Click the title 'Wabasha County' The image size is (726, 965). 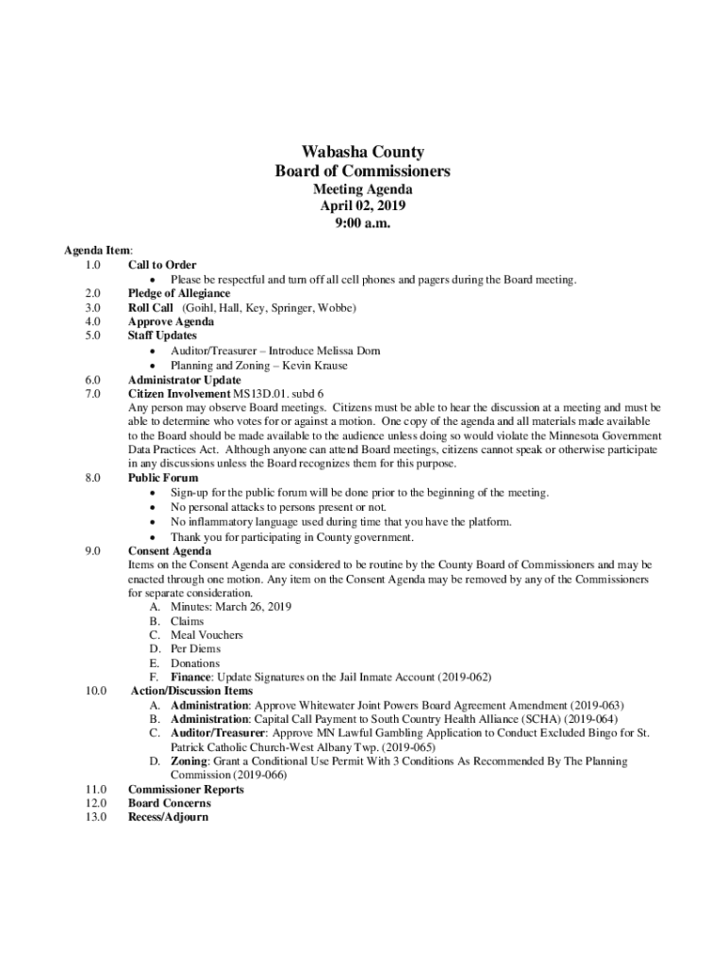[362, 153]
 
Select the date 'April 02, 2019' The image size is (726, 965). [362, 206]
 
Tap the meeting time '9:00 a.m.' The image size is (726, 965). [362, 224]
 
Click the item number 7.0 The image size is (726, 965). [92, 393]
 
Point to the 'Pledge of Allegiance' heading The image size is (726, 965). [179, 294]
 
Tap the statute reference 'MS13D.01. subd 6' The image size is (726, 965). [279, 393]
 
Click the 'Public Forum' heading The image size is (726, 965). [163, 478]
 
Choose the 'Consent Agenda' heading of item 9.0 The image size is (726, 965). [170, 550]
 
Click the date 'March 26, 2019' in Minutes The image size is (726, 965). [254, 607]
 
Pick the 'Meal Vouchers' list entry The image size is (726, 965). [206, 635]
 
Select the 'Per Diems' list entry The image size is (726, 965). [195, 649]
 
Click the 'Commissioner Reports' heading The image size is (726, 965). [186, 790]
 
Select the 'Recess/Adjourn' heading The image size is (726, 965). [168, 817]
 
